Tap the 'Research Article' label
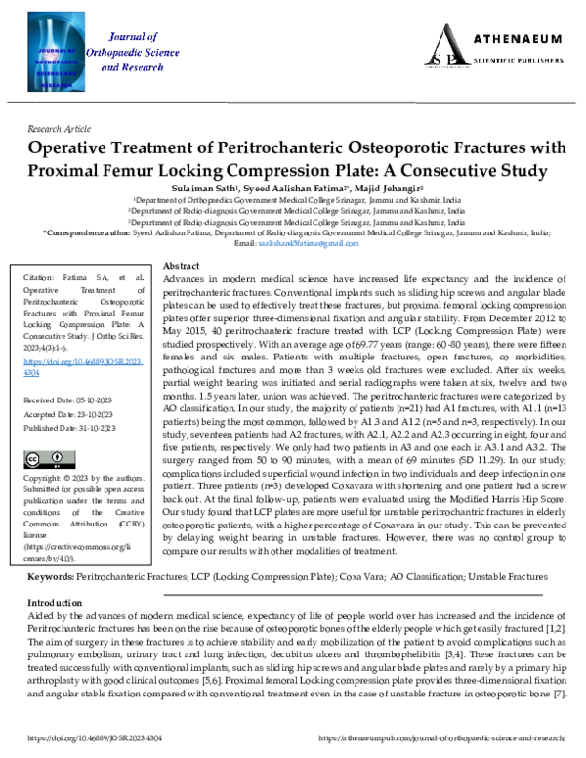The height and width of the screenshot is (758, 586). (x=60, y=129)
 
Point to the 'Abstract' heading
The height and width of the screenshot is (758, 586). (x=181, y=267)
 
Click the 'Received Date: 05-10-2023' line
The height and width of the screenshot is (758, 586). (x=66, y=401)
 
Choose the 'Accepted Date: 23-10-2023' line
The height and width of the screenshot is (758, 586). (x=66, y=415)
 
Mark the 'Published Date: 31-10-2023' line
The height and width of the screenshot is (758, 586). (x=67, y=428)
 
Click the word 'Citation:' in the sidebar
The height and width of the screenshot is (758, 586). (x=40, y=278)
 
